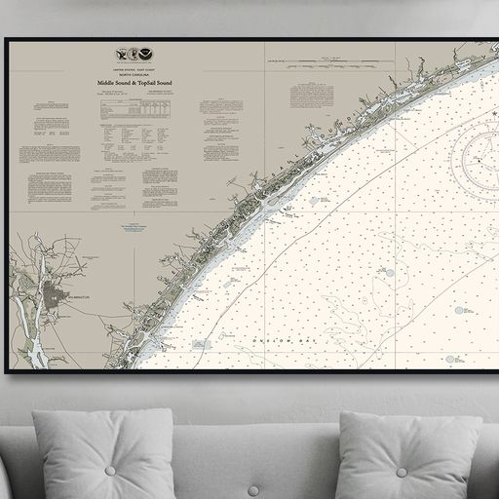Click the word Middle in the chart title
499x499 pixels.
point(107,84)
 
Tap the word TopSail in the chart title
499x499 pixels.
point(145,84)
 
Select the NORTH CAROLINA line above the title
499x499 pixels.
point(134,77)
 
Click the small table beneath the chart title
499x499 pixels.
point(134,110)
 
